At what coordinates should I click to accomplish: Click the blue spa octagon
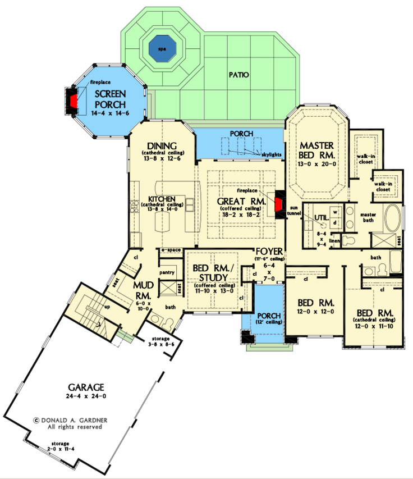point(162,49)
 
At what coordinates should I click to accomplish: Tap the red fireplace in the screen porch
point(74,101)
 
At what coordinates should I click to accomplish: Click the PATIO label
point(239,75)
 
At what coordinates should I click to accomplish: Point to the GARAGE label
point(86,387)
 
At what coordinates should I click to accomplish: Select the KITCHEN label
point(163,199)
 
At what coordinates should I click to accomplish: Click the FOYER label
point(269,251)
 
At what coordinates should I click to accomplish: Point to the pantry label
point(168,272)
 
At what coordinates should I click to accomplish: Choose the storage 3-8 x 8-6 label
point(161,342)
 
